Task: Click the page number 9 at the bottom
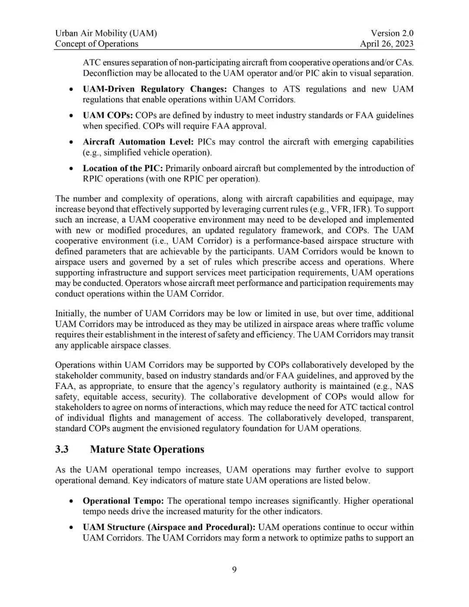pos(234,570)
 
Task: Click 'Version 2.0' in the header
pos(392,33)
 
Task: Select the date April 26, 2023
pos(386,43)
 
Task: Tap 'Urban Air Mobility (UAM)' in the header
pos(106,33)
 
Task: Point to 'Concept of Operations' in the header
pos(96,43)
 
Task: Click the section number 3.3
pos(62,449)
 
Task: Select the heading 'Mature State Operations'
pos(147,449)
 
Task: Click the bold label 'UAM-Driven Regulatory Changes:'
pos(155,89)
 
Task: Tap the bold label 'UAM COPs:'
pos(108,116)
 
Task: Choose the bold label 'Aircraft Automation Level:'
pos(138,142)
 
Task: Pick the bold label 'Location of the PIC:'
pos(123,168)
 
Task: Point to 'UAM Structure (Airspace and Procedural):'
pos(169,527)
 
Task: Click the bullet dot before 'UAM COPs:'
pos(71,116)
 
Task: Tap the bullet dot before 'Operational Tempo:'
pos(71,501)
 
